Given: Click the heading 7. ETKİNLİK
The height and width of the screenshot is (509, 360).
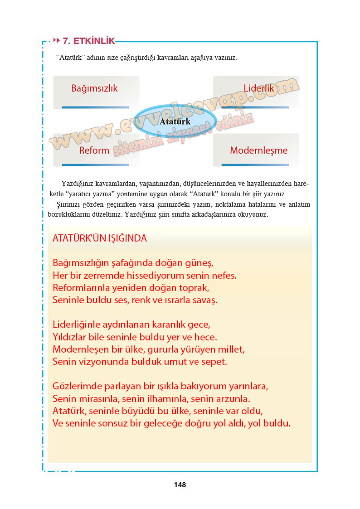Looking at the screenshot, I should [88, 41].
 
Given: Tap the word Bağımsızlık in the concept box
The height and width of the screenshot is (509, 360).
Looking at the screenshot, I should [94, 88].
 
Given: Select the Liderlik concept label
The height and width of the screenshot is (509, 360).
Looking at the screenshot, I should [259, 88].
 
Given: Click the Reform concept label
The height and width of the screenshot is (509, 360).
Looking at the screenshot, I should [94, 150].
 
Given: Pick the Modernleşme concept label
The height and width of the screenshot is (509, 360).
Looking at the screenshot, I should [258, 150].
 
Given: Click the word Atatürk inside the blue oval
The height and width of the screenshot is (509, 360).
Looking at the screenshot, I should [175, 121].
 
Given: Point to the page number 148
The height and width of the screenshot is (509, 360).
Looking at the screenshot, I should [180, 485].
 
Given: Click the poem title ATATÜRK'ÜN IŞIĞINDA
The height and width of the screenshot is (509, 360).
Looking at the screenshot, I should [100, 238].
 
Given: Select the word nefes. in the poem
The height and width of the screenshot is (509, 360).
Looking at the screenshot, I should [224, 275].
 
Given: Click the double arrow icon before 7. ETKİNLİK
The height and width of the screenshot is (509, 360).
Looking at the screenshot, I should [57, 41].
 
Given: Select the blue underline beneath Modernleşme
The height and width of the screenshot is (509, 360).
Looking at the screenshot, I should [255, 165].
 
